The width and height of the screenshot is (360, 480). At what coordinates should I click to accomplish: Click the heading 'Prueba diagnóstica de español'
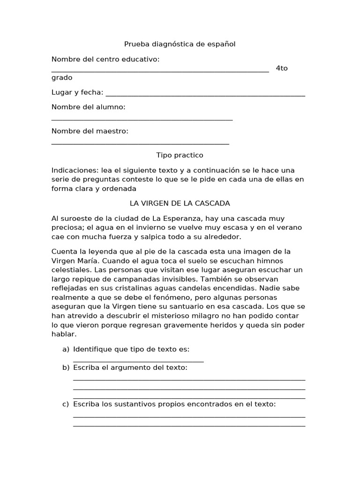pyautogui.click(x=180, y=44)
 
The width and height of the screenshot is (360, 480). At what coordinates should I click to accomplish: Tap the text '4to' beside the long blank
pyautogui.click(x=282, y=68)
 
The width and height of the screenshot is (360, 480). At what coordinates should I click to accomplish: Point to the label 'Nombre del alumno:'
pyautogui.click(x=89, y=107)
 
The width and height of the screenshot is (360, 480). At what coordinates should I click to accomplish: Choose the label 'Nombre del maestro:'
pyautogui.click(x=90, y=131)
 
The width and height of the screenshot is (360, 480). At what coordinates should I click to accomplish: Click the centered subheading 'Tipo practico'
pyautogui.click(x=180, y=155)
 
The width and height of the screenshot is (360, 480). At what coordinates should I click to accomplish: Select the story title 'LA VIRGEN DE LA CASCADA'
pyautogui.click(x=180, y=203)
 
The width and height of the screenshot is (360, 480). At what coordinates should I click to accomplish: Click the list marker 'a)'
pyautogui.click(x=66, y=349)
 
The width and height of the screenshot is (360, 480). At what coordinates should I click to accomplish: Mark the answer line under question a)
pyautogui.click(x=138, y=361)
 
